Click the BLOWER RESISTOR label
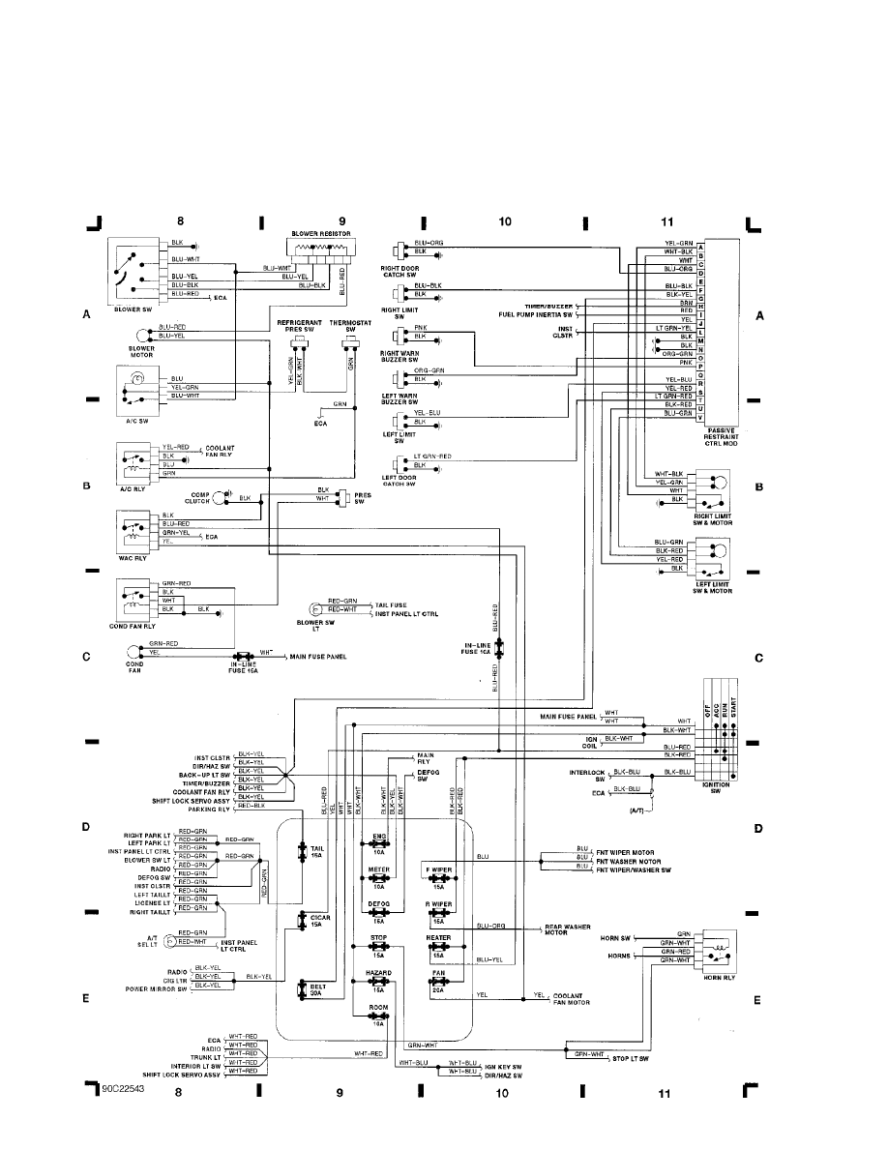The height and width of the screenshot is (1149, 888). click(x=320, y=234)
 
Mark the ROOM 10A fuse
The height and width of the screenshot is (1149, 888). click(x=377, y=1013)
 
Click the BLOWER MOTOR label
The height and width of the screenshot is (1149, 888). click(x=141, y=351)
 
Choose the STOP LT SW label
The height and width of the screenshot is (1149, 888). click(x=629, y=1059)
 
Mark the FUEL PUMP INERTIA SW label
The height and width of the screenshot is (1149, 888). click(x=536, y=314)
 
